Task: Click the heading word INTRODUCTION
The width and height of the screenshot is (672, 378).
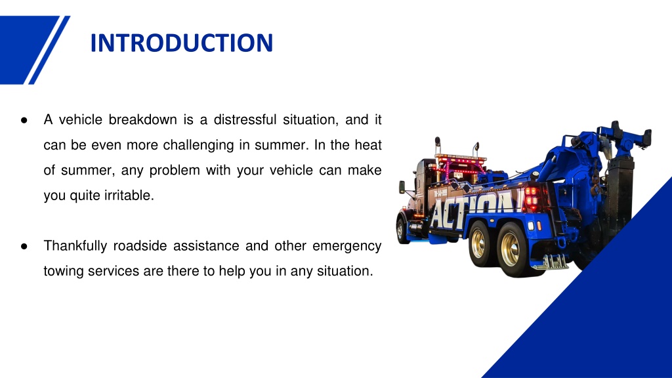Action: [x=181, y=43]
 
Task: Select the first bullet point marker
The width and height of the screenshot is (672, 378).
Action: [x=24, y=121]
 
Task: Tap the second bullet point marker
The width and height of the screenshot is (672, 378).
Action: [x=24, y=247]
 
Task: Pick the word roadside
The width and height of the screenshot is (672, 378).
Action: [x=139, y=246]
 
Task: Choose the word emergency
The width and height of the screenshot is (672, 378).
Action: [x=346, y=246]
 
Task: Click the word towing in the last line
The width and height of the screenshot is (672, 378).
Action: [x=60, y=270]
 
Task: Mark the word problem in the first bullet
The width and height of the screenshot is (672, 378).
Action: [x=175, y=170]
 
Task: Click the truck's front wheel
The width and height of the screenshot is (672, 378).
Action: [x=401, y=230]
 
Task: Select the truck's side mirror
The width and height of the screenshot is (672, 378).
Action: [x=402, y=186]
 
